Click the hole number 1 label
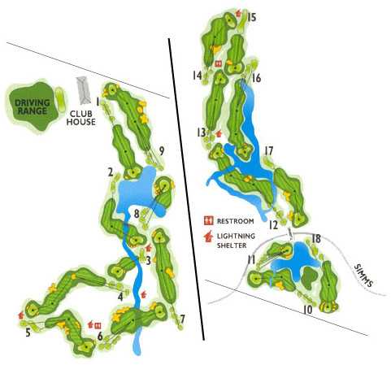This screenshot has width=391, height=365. (x=98, y=102)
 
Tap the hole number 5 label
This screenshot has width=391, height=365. (x=28, y=332)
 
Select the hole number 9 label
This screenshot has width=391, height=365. (x=162, y=150)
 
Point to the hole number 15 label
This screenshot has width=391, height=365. (x=252, y=16)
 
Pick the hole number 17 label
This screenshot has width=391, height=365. (x=268, y=150)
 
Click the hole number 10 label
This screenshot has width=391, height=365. (x=308, y=310)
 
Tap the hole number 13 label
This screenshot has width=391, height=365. (x=202, y=133)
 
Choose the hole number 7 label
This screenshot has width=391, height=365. (x=182, y=318)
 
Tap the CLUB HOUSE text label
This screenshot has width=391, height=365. (x=84, y=117)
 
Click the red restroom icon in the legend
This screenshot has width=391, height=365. (x=208, y=220)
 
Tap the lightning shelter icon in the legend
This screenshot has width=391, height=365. (x=208, y=237)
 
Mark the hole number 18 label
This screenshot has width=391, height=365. (x=316, y=239)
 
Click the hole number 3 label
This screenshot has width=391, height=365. (x=149, y=260)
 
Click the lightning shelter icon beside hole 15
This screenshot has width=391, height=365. (x=237, y=14)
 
